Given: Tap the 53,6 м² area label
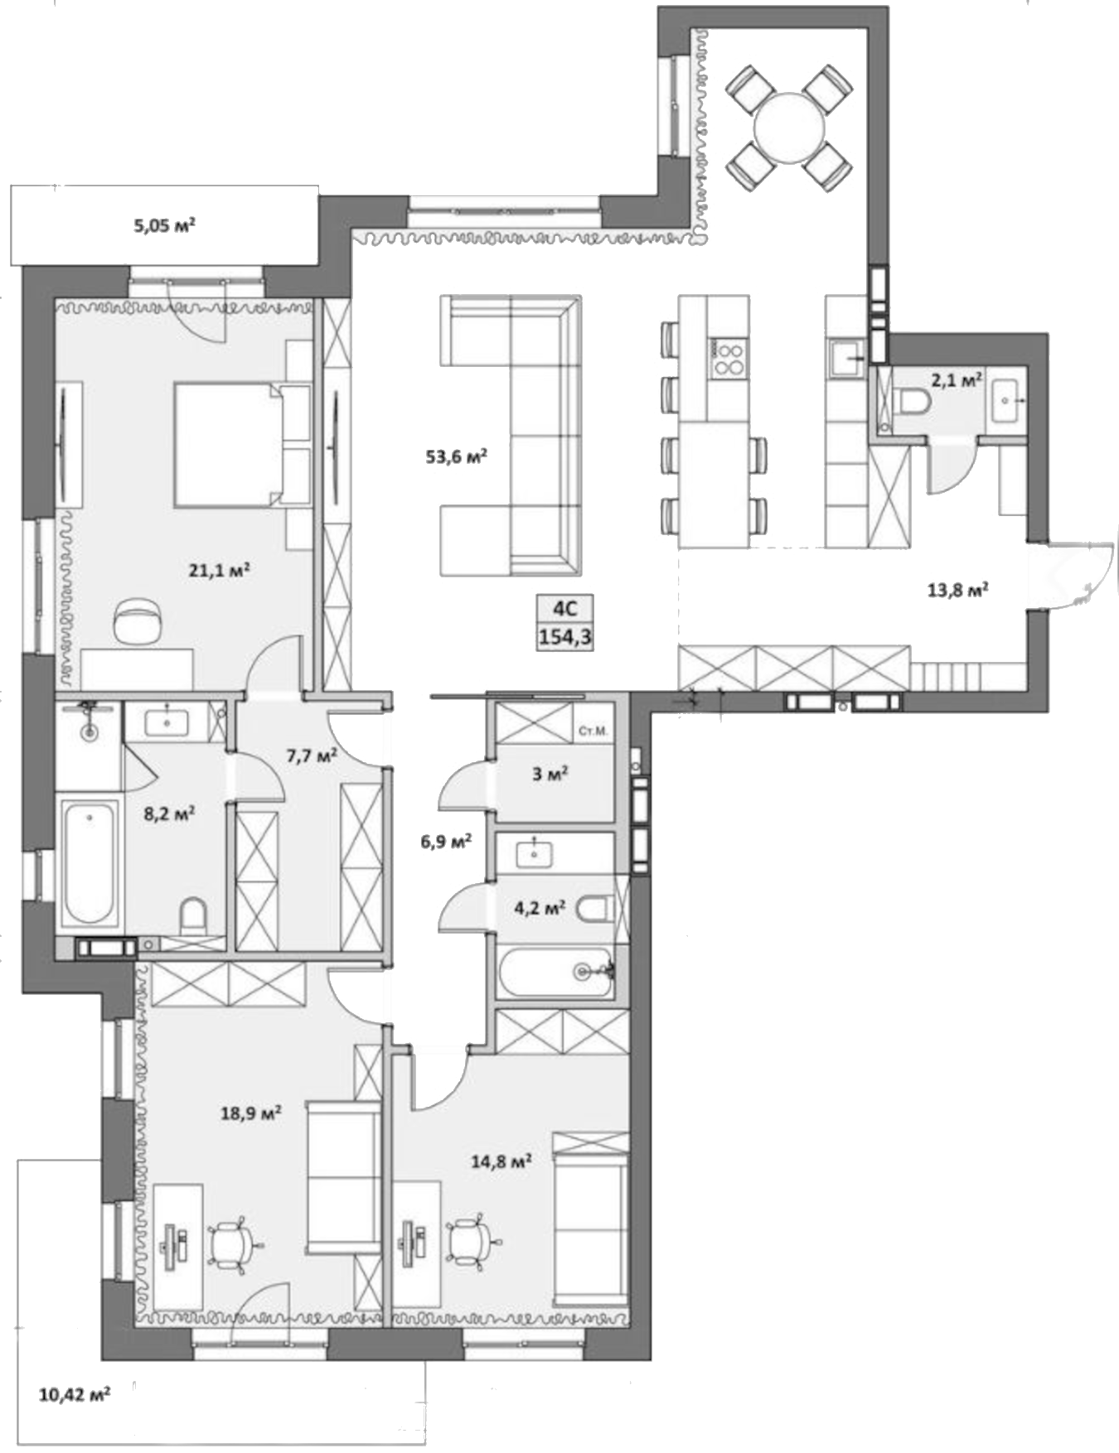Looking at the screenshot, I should click(456, 456).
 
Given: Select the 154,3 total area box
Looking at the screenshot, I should click(564, 638).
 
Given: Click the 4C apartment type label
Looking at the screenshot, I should click(564, 610).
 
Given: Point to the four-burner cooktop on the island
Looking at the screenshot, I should click(729, 359).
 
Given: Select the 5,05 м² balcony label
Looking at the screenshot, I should click(164, 224).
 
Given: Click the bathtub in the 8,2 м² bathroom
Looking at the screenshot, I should click(89, 862).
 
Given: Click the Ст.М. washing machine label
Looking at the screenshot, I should click(593, 731).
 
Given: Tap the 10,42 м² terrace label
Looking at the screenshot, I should click(75, 1394).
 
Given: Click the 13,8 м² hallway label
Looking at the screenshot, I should click(957, 591).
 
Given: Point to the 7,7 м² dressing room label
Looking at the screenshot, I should click(311, 755).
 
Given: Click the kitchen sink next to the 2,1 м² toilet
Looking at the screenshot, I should click(847, 358).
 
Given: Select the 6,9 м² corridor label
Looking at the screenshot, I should click(446, 841).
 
